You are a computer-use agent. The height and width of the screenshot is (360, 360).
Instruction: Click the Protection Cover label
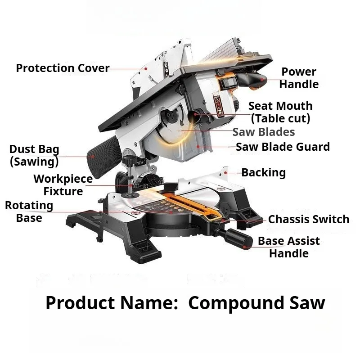tap(63, 68)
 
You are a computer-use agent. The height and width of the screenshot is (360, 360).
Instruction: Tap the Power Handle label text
tap(299, 78)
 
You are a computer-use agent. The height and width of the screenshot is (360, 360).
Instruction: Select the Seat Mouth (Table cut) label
tap(280, 112)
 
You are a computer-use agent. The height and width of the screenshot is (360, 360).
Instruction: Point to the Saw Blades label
tap(264, 132)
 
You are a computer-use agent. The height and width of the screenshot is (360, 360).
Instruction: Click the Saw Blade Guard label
tap(283, 147)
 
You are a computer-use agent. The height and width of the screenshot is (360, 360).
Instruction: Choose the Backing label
tap(264, 173)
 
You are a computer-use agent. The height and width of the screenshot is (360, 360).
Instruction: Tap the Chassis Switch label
tap(309, 219)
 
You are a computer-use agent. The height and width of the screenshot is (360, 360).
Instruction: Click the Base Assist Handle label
tap(288, 247)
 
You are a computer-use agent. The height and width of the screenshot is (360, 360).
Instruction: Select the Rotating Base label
tap(29, 211)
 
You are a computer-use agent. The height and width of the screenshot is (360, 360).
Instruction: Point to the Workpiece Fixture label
tap(63, 185)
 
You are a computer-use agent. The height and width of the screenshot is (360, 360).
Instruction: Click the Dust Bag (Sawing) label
tap(34, 155)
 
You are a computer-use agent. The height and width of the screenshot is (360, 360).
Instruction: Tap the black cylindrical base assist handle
tap(239, 240)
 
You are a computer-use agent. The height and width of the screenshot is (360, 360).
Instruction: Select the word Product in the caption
tap(80, 302)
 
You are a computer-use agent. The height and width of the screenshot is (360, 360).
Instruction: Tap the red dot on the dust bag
tap(93, 157)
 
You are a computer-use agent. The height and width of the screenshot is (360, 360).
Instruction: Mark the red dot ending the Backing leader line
tap(226, 173)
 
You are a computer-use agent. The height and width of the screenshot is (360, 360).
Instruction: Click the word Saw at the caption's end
tap(307, 303)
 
